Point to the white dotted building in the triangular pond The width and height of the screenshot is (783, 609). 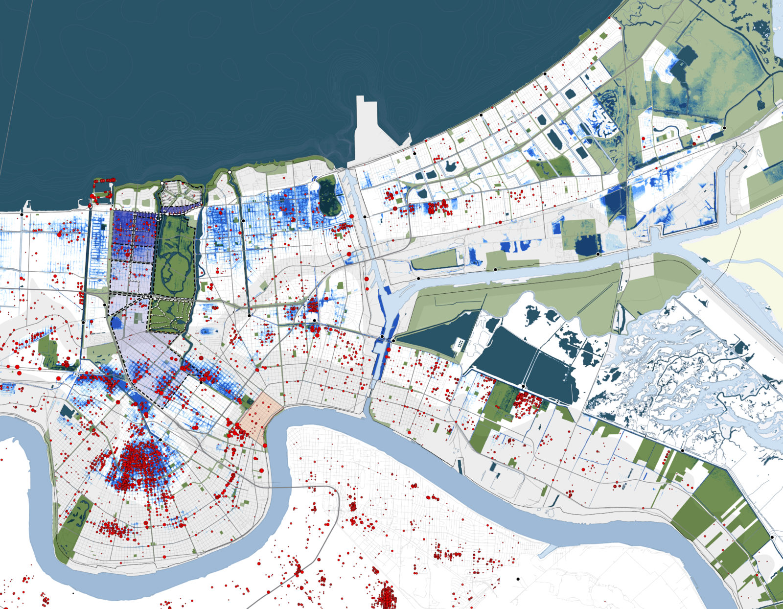(460, 344)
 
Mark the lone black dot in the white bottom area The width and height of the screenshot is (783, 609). (518, 579)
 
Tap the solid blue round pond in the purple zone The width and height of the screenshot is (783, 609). (116, 322)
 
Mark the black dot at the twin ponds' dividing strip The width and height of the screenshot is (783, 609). (523, 387)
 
